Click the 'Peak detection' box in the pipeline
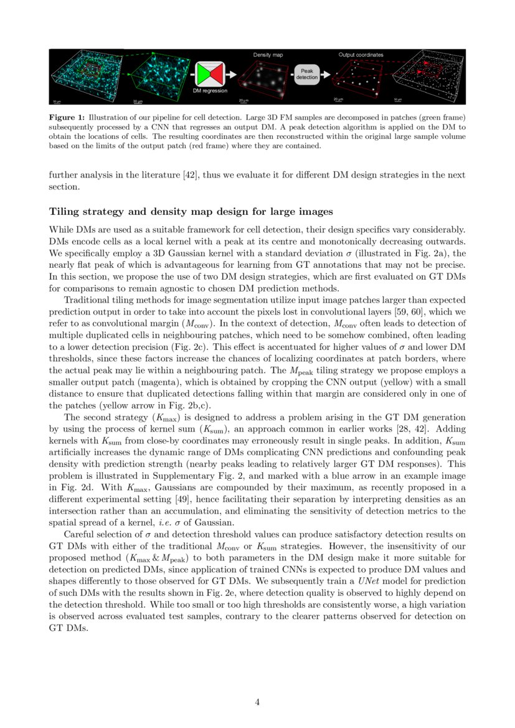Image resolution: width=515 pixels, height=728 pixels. (x=306, y=74)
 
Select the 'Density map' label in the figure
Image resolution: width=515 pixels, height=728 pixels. (x=268, y=55)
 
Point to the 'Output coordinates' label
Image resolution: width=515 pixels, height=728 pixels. (x=361, y=55)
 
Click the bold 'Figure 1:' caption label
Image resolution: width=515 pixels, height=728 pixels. (x=67, y=117)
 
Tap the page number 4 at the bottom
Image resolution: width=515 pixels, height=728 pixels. (x=257, y=702)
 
